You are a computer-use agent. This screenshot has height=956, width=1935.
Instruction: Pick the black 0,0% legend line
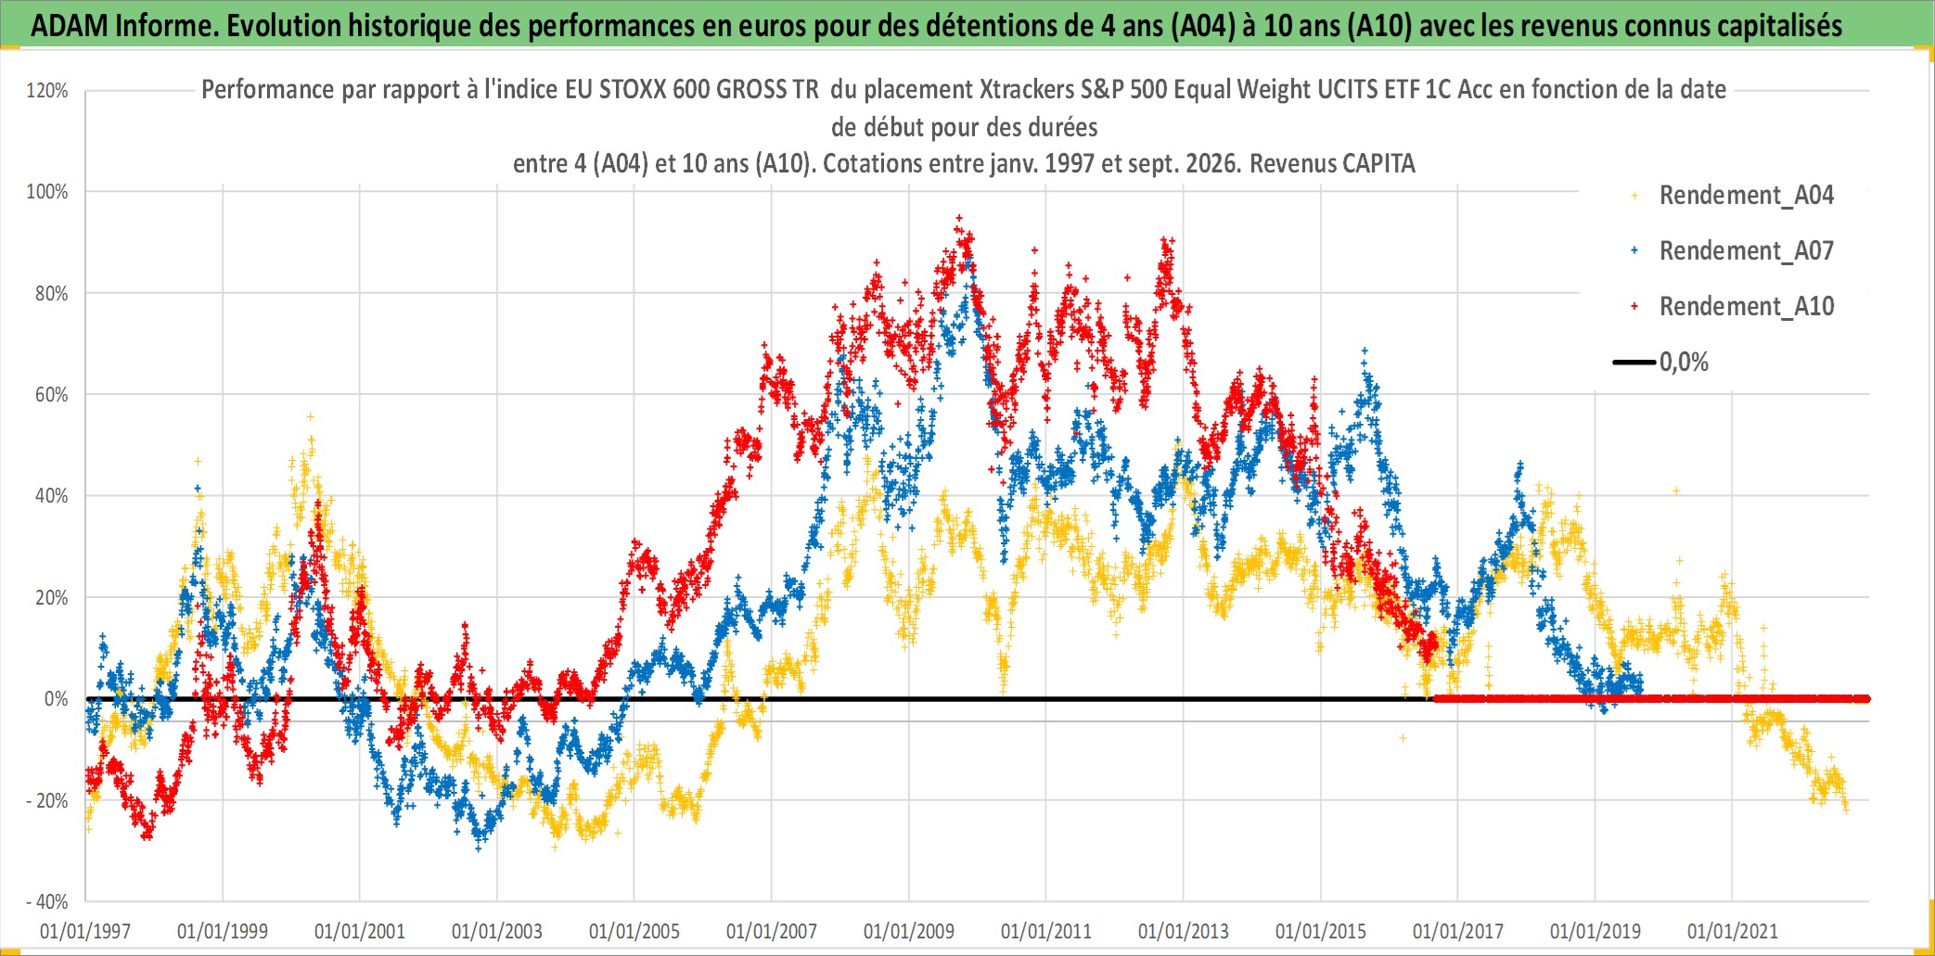tap(1634, 362)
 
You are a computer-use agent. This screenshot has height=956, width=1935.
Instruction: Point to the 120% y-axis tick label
tap(47, 91)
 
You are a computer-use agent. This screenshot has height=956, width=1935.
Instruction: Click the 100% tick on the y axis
tap(47, 192)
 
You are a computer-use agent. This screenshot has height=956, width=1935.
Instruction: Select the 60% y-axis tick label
tap(51, 395)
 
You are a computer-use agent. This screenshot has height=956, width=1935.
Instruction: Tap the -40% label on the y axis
tap(47, 901)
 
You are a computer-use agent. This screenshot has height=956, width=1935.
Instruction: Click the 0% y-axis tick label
tap(57, 699)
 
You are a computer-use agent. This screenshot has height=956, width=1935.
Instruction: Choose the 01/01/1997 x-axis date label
tap(85, 931)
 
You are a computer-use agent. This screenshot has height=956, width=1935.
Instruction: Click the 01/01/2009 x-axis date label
tap(909, 931)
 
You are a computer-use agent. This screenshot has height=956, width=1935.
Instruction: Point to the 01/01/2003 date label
tap(497, 931)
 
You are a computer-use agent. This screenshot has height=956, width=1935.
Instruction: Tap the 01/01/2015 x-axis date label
tap(1321, 931)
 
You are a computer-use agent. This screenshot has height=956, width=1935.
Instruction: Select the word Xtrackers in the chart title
tap(1026, 90)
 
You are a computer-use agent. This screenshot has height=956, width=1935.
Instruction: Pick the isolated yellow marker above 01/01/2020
tap(1676, 491)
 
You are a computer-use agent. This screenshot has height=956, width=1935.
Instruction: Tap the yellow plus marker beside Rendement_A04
tap(1634, 195)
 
